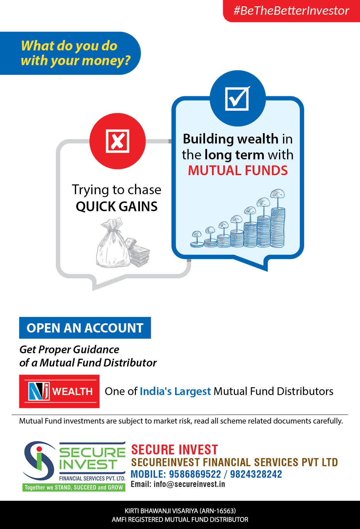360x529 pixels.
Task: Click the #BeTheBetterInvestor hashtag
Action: (291, 11)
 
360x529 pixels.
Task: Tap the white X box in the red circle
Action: (118, 141)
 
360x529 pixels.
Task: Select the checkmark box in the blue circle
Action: (237, 98)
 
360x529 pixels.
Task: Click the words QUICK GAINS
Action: (117, 206)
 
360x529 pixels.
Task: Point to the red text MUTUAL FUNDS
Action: (238, 170)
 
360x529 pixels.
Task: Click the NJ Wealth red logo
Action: (59, 391)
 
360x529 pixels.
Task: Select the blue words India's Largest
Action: (175, 391)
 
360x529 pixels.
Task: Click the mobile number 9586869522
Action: (195, 474)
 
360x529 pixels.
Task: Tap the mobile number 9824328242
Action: (256, 474)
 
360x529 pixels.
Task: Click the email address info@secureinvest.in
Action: (189, 484)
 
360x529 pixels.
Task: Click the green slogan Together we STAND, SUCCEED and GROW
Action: (74, 488)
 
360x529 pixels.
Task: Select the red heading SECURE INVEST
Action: (175, 450)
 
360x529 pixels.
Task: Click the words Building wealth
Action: (231, 139)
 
